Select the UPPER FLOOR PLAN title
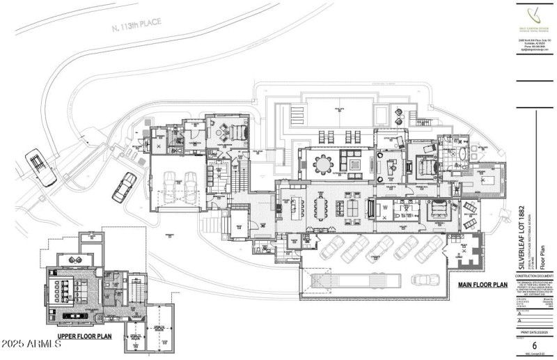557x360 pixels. coord(84,336)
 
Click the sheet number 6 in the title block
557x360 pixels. coord(533,345)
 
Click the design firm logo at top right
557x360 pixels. coord(534,15)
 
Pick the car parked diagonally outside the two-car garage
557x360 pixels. coord(125,185)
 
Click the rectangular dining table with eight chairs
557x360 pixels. coord(321,207)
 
